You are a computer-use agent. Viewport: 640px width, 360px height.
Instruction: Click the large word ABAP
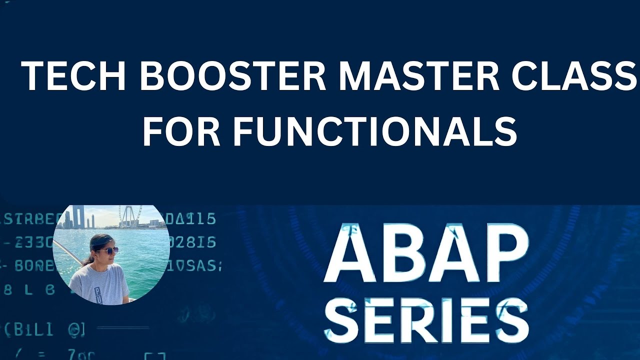pyautogui.click(x=426, y=254)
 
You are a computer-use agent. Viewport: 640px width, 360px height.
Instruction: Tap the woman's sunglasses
pyautogui.click(x=106, y=250)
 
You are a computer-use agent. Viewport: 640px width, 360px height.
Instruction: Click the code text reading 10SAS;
pyautogui.click(x=193, y=266)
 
